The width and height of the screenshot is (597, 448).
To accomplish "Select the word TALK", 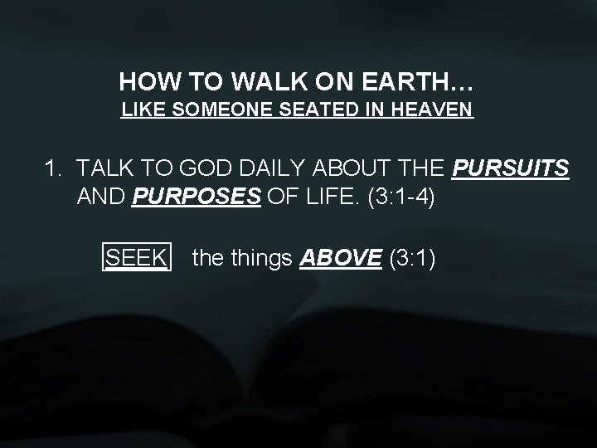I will coord(103,170).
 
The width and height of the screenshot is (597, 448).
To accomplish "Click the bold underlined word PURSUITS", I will coord(512,170).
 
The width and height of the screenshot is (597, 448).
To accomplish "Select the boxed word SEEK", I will coord(137,258).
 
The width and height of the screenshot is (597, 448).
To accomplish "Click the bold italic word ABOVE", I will coord(341,258).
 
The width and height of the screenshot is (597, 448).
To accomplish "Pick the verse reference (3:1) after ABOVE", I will coord(411,258).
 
